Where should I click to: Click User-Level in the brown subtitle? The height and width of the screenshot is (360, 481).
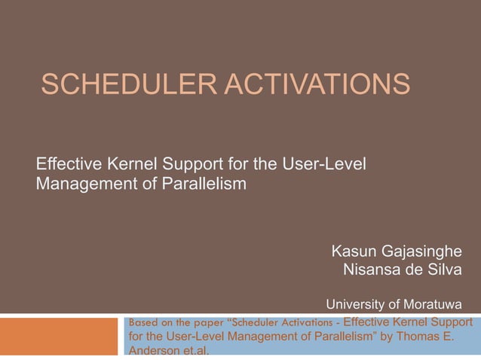329,163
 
